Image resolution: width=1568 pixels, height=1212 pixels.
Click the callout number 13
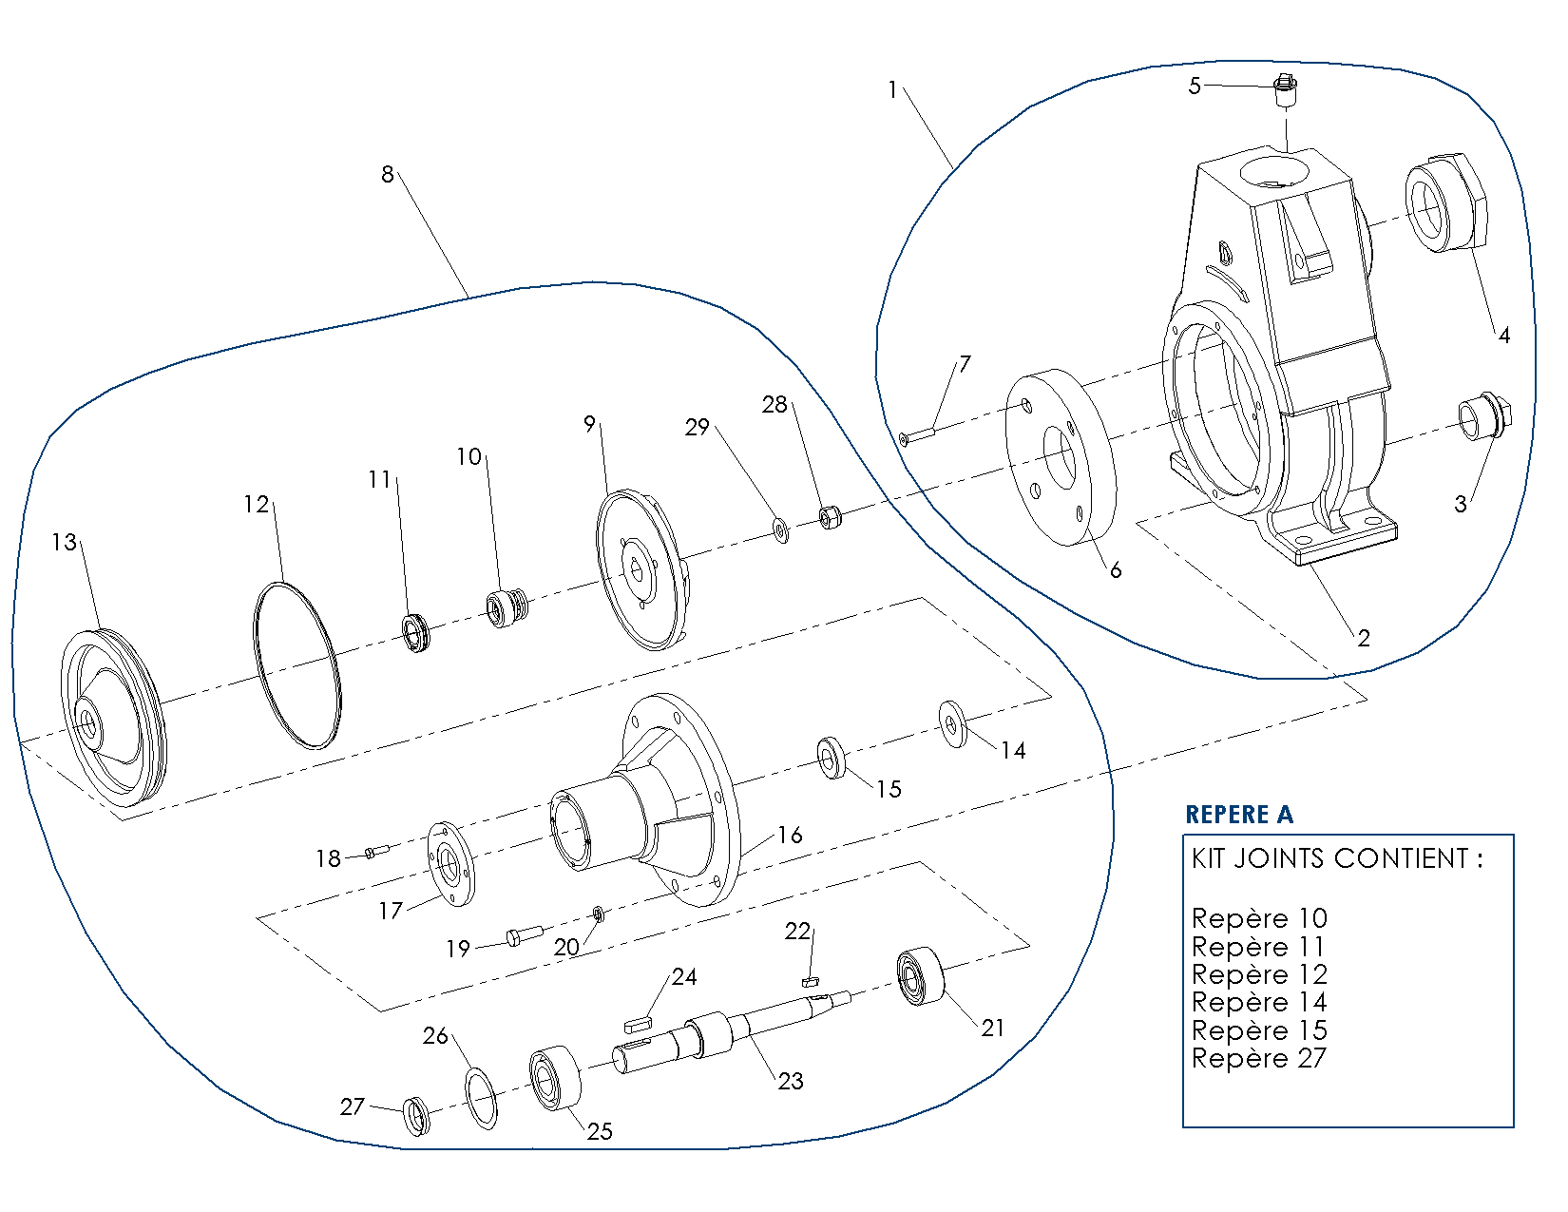coord(64,542)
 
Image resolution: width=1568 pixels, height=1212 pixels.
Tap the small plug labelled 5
coord(1285,91)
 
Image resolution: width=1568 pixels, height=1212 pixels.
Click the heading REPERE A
coord(1239,815)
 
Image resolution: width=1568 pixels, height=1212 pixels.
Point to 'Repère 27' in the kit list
coord(1258,1058)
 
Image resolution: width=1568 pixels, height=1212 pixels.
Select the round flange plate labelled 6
coord(1060,457)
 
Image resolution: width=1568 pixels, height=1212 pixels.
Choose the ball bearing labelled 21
coord(920,976)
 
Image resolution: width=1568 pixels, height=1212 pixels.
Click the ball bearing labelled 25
coord(556,1076)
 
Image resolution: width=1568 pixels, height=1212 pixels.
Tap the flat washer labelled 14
coord(952,724)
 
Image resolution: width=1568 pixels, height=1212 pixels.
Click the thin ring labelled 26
coord(482,1097)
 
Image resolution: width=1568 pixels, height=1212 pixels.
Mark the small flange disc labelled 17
coord(450,864)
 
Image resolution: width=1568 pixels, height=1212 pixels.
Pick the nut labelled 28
coord(829,518)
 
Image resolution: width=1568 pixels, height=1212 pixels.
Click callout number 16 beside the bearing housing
coord(790,835)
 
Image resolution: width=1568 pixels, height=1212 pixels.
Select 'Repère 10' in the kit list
coord(1258,918)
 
